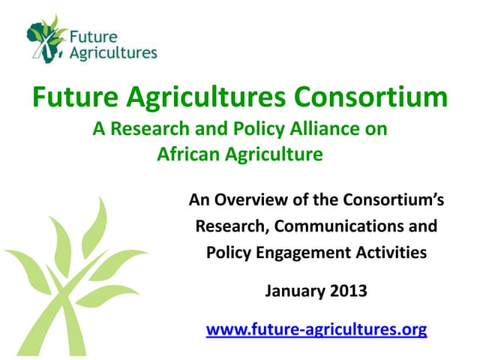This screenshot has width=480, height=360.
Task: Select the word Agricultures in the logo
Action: point(112,52)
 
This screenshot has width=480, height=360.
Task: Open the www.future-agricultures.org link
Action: point(316,328)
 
